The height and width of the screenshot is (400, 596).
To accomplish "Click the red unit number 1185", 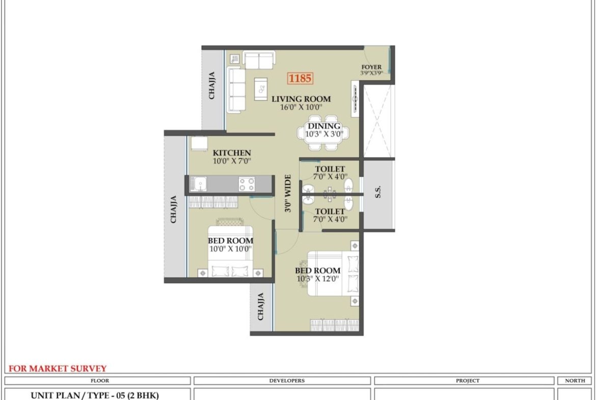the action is (300, 78).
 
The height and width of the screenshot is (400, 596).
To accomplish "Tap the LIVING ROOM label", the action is (301, 99).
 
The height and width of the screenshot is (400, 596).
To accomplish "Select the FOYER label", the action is (371, 67).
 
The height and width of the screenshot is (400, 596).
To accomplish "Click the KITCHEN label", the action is (232, 153).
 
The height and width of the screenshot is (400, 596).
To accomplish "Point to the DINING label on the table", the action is (324, 126).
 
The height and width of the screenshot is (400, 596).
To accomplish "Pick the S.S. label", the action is (378, 192).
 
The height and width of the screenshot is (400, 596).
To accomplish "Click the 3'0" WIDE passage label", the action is (288, 193).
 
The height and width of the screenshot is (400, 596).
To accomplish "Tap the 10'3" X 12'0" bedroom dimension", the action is (318, 279).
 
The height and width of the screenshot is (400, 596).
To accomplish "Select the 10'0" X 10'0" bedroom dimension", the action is (231, 249).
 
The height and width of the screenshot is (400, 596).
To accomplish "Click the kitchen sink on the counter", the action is (198, 184).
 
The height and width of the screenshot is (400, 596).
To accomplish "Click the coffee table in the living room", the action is (261, 89).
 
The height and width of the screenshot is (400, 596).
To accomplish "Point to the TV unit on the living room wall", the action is (355, 99).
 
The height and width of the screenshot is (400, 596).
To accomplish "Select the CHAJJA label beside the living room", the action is (212, 86).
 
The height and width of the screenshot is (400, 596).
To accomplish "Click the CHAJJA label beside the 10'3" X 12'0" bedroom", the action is (261, 306).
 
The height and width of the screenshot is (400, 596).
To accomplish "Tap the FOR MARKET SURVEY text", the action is (58, 368).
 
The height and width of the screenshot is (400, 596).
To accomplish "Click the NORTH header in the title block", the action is (575, 381).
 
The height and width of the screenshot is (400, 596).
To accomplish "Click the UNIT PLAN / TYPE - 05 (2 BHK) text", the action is (95, 395).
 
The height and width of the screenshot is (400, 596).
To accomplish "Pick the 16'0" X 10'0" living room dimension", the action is (301, 108).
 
